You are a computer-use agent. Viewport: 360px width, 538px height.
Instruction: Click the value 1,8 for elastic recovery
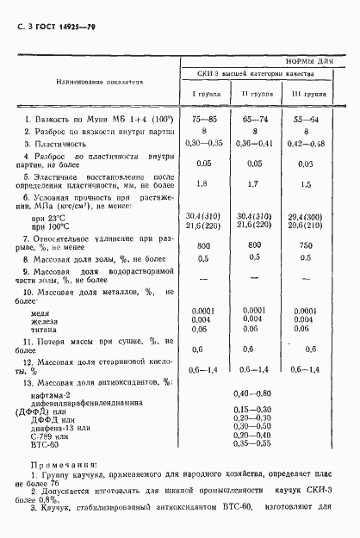(x=203, y=183)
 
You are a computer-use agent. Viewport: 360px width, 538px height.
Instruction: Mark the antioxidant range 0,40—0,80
(x=252, y=393)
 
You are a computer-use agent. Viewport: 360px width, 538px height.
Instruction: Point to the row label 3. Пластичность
(x=64, y=144)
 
